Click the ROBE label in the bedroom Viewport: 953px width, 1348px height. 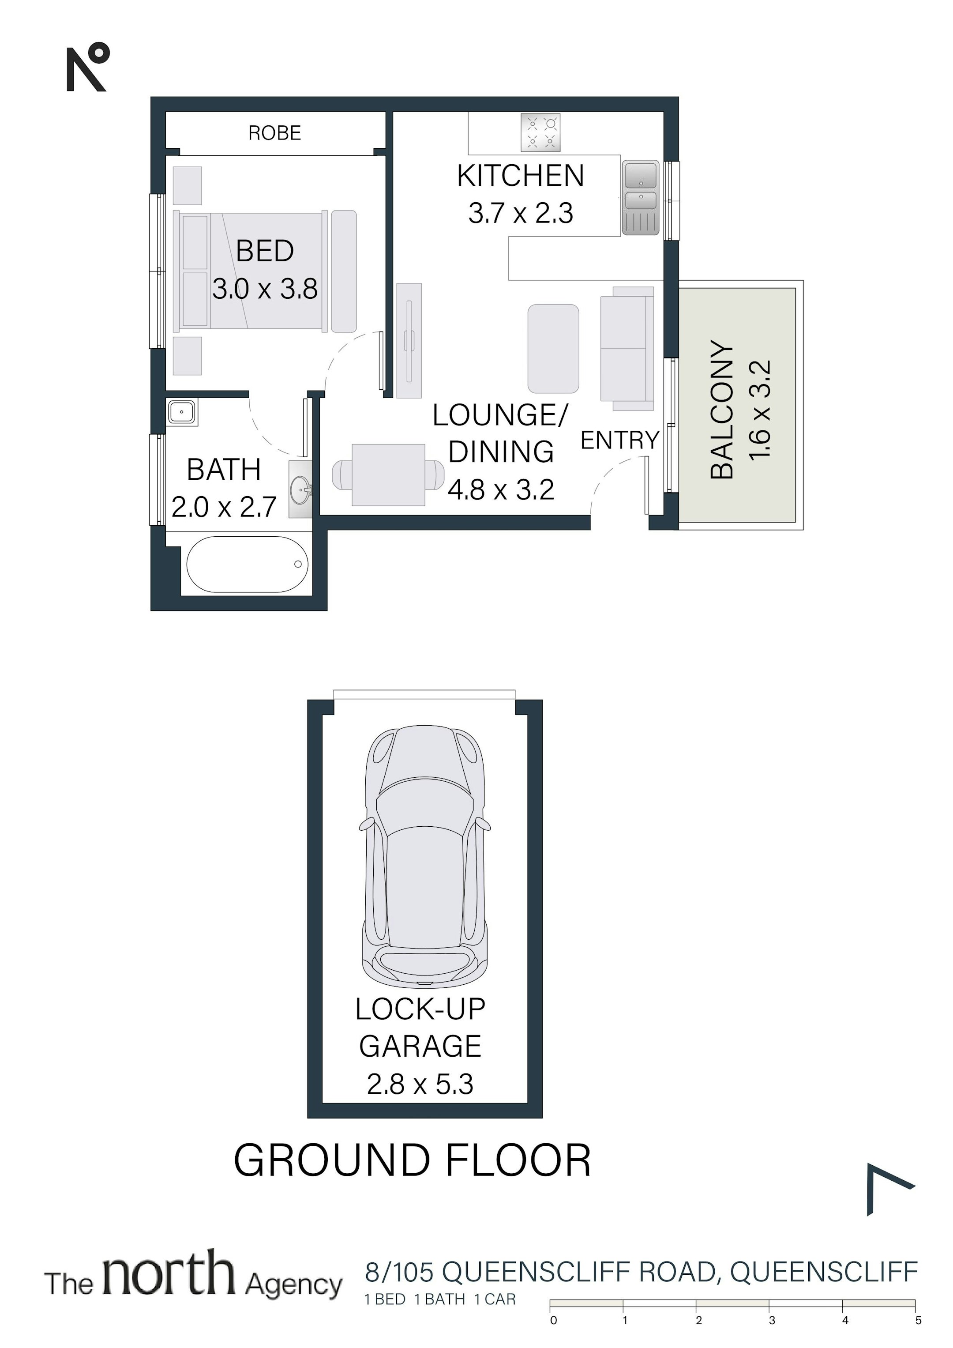tap(274, 133)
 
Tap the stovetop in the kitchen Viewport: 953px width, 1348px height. tap(540, 132)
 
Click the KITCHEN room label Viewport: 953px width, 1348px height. tap(521, 176)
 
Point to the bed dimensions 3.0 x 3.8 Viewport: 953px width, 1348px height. tap(265, 289)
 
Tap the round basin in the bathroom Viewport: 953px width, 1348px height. tap(300, 487)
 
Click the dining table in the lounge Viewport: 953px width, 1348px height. tap(388, 475)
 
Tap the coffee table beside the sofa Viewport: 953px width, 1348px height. tap(553, 348)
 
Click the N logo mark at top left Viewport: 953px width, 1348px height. tap(87, 67)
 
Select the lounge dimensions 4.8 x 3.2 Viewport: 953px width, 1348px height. tap(501, 489)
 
